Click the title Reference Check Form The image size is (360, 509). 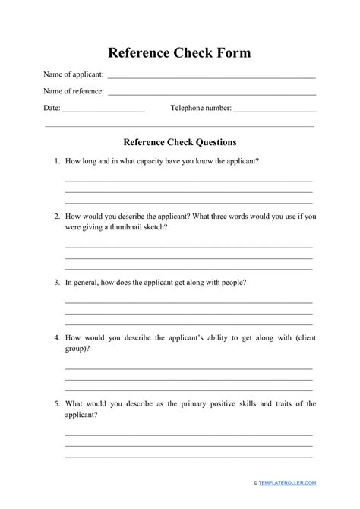pyautogui.click(x=179, y=53)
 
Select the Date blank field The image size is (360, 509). pyautogui.click(x=103, y=111)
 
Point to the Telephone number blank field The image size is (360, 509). pyautogui.click(x=274, y=111)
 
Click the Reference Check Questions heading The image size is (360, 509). pyautogui.click(x=179, y=142)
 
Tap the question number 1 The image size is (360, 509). pyautogui.click(x=55, y=162)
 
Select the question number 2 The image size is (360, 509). pyautogui.click(x=55, y=217)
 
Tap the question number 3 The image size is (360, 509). pyautogui.click(x=55, y=283)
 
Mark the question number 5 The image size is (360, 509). pyautogui.click(x=55, y=403)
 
